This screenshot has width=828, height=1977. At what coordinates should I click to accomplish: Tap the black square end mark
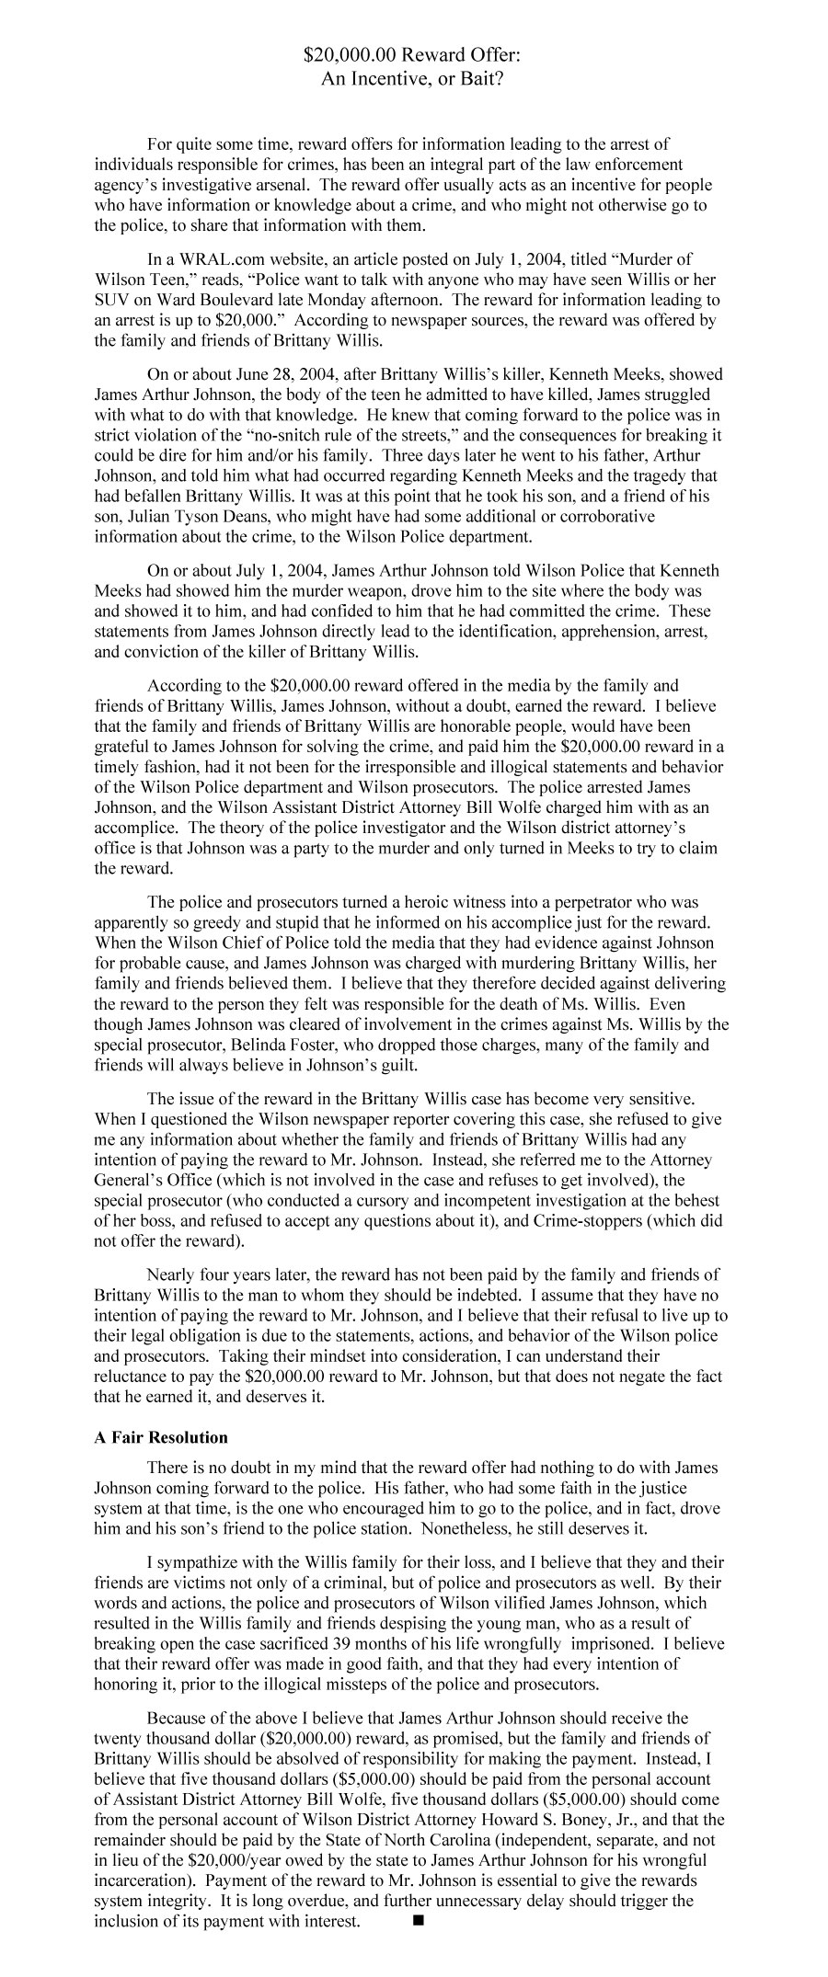pyautogui.click(x=419, y=1921)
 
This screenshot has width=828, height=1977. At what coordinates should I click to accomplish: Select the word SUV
pyautogui.click(x=112, y=300)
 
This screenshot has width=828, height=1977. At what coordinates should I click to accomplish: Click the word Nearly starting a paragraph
pyautogui.click(x=172, y=1275)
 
